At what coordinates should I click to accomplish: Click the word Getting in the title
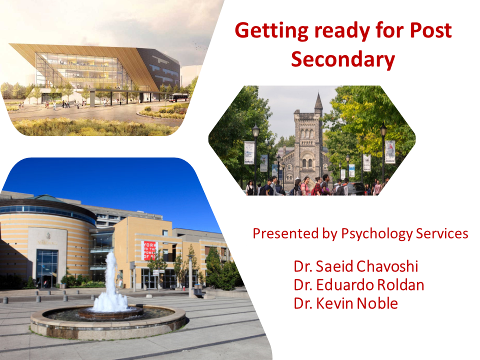(x=272, y=31)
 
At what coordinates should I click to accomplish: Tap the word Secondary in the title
(x=343, y=59)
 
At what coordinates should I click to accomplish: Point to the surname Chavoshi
(x=386, y=266)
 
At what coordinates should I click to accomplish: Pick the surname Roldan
(x=400, y=284)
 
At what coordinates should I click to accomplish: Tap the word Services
(x=442, y=233)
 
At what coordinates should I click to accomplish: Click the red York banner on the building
(x=149, y=250)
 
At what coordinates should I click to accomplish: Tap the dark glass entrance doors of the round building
(x=47, y=268)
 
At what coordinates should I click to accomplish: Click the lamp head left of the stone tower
(x=255, y=131)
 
